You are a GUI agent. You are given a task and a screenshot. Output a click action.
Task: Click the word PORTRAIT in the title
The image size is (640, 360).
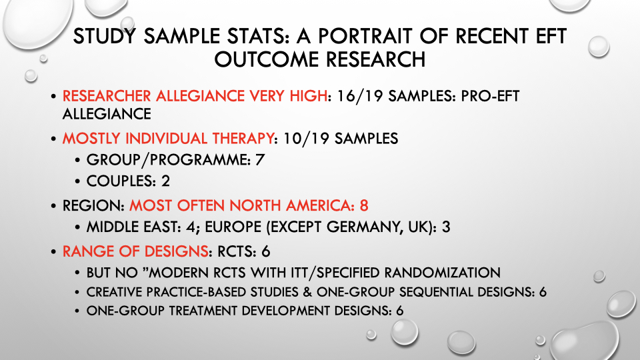tap(365, 36)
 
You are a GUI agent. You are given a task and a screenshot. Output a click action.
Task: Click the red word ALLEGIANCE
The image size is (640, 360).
tap(201, 96)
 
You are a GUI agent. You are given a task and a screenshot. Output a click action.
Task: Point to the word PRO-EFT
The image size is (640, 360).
tap(490, 96)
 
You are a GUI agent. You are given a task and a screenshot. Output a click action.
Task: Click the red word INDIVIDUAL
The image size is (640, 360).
tap(166, 139)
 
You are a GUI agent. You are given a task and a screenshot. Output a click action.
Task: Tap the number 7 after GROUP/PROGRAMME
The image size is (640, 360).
tap(260, 159)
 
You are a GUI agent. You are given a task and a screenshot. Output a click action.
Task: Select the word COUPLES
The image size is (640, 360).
tap(121, 181)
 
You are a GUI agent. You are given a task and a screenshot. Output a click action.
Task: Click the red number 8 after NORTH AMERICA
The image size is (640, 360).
tap(364, 205)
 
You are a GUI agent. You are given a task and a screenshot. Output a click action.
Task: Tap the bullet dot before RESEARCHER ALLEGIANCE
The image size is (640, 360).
tap(53, 97)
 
